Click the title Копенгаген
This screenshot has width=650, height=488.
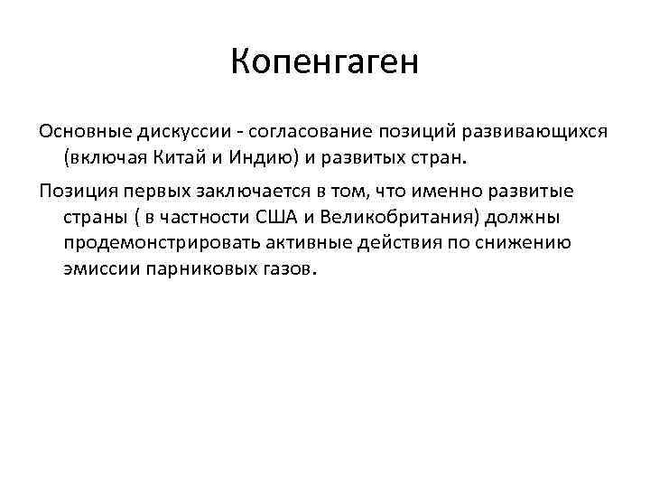pyautogui.click(x=325, y=63)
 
